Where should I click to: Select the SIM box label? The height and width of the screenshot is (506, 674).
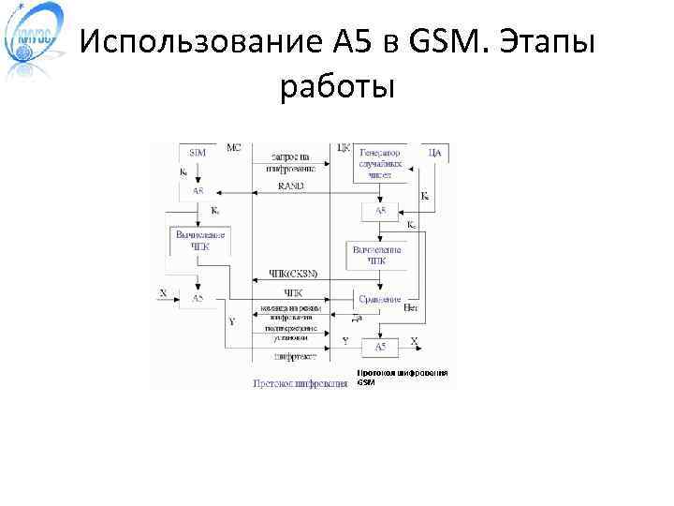pyautogui.click(x=198, y=152)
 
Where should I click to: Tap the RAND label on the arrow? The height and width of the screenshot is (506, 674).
pyautogui.click(x=290, y=186)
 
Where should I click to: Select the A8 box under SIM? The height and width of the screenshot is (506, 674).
pyautogui.click(x=198, y=190)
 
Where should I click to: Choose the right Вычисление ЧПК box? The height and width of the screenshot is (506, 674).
pyautogui.click(x=377, y=256)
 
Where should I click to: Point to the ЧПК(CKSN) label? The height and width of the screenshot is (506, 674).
pyautogui.click(x=293, y=274)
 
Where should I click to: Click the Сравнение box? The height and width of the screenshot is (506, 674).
pyautogui.click(x=378, y=299)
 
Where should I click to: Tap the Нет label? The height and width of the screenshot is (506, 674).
pyautogui.click(x=410, y=306)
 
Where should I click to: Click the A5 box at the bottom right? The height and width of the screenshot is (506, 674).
pyautogui.click(x=379, y=348)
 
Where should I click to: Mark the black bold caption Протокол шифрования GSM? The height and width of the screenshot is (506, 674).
pyautogui.click(x=402, y=378)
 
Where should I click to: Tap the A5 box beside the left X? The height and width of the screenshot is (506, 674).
pyautogui.click(x=198, y=298)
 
